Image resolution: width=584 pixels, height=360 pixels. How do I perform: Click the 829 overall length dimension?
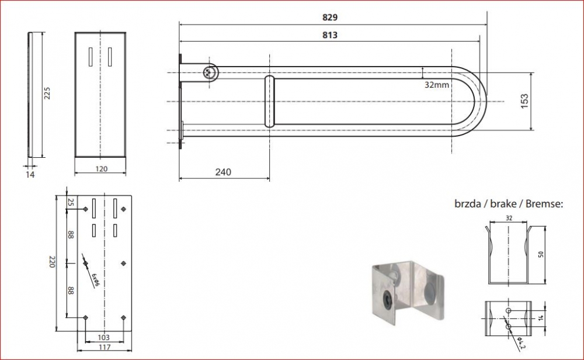point(329,17)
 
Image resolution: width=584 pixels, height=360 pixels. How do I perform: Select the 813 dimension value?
point(329,35)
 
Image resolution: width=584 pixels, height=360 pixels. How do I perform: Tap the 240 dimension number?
point(223,172)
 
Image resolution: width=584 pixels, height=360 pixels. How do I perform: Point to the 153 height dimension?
point(524,101)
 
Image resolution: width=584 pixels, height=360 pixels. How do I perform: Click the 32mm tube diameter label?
point(436,85)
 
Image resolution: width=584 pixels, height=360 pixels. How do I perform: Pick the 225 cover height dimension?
point(47,93)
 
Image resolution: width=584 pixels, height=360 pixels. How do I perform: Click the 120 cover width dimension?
point(101,169)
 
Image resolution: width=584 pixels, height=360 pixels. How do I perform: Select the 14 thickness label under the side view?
point(30,174)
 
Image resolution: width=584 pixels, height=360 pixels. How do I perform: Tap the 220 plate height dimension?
point(52,262)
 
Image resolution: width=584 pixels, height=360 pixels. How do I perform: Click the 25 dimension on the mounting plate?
point(71,202)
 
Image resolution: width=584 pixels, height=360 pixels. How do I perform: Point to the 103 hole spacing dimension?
point(103,337)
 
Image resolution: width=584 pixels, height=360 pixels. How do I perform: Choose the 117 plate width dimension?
point(105,347)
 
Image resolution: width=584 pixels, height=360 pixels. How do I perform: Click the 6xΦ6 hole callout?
point(96,279)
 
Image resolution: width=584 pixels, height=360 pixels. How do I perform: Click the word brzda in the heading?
point(467,204)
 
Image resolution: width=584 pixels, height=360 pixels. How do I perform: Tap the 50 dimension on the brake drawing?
point(541,254)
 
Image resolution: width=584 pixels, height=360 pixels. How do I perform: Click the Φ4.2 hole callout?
point(521,342)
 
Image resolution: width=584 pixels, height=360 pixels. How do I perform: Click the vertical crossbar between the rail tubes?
point(269,101)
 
